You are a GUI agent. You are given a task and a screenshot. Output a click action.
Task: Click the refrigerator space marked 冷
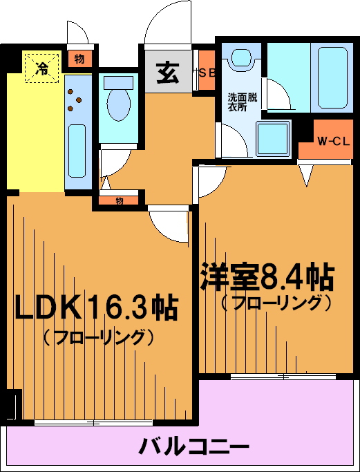[x=41, y=68]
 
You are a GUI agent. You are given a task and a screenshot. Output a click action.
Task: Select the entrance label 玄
[x=168, y=73]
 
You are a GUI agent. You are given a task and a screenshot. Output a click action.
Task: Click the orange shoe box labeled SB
[x=207, y=70]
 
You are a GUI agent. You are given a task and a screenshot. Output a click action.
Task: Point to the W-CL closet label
[x=334, y=142]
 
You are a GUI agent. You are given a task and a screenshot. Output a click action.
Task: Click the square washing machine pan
[x=274, y=139]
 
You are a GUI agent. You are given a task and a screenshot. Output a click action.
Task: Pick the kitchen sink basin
[x=78, y=151]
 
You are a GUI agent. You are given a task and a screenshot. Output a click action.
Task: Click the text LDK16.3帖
[x=96, y=308]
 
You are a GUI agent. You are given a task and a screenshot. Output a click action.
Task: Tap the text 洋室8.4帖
[x=267, y=276]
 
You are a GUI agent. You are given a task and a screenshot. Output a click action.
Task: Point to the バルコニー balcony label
[x=194, y=446]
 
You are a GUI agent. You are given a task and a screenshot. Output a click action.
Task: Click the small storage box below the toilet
[x=119, y=200]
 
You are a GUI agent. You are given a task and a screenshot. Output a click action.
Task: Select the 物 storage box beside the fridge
[x=79, y=59]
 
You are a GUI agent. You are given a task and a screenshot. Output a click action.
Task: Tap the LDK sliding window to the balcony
[x=93, y=423]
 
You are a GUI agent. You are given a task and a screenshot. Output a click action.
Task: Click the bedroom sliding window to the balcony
[x=283, y=377]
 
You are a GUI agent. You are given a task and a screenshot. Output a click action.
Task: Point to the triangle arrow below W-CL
[x=307, y=176]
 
